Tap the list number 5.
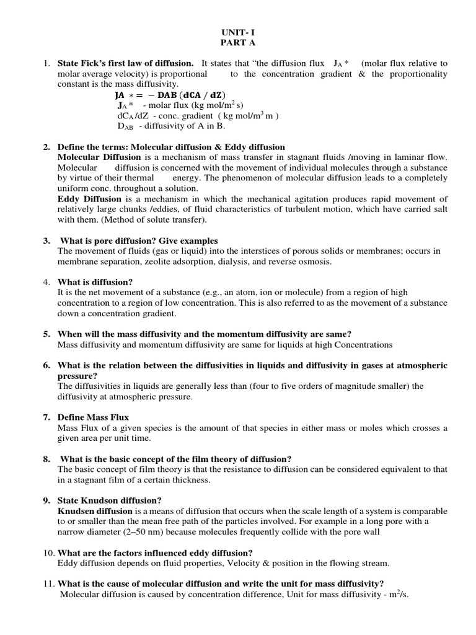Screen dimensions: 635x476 [46, 334]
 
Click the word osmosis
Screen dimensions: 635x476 [317, 262]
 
